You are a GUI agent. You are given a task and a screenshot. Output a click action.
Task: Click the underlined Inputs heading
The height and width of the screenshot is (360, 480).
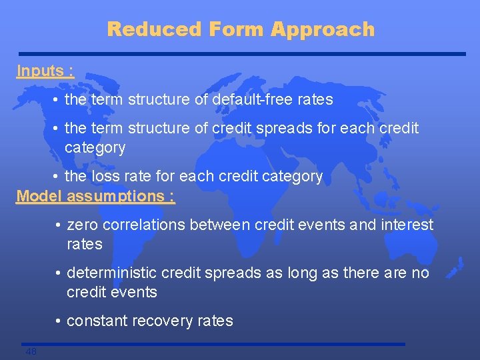[x=45, y=71]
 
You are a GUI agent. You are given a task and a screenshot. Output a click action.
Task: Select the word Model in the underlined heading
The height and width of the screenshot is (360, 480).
[x=39, y=196]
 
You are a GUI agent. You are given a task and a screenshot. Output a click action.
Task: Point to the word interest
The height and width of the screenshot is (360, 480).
[x=407, y=225]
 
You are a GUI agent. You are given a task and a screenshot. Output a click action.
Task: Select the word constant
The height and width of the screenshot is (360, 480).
[x=97, y=321]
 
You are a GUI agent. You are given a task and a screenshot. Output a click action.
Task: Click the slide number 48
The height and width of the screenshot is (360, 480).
[x=31, y=351]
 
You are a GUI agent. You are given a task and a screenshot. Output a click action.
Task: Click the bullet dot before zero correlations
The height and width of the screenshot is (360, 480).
[x=59, y=226]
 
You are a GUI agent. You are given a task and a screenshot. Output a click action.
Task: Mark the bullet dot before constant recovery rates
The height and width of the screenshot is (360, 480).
[x=59, y=322]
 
